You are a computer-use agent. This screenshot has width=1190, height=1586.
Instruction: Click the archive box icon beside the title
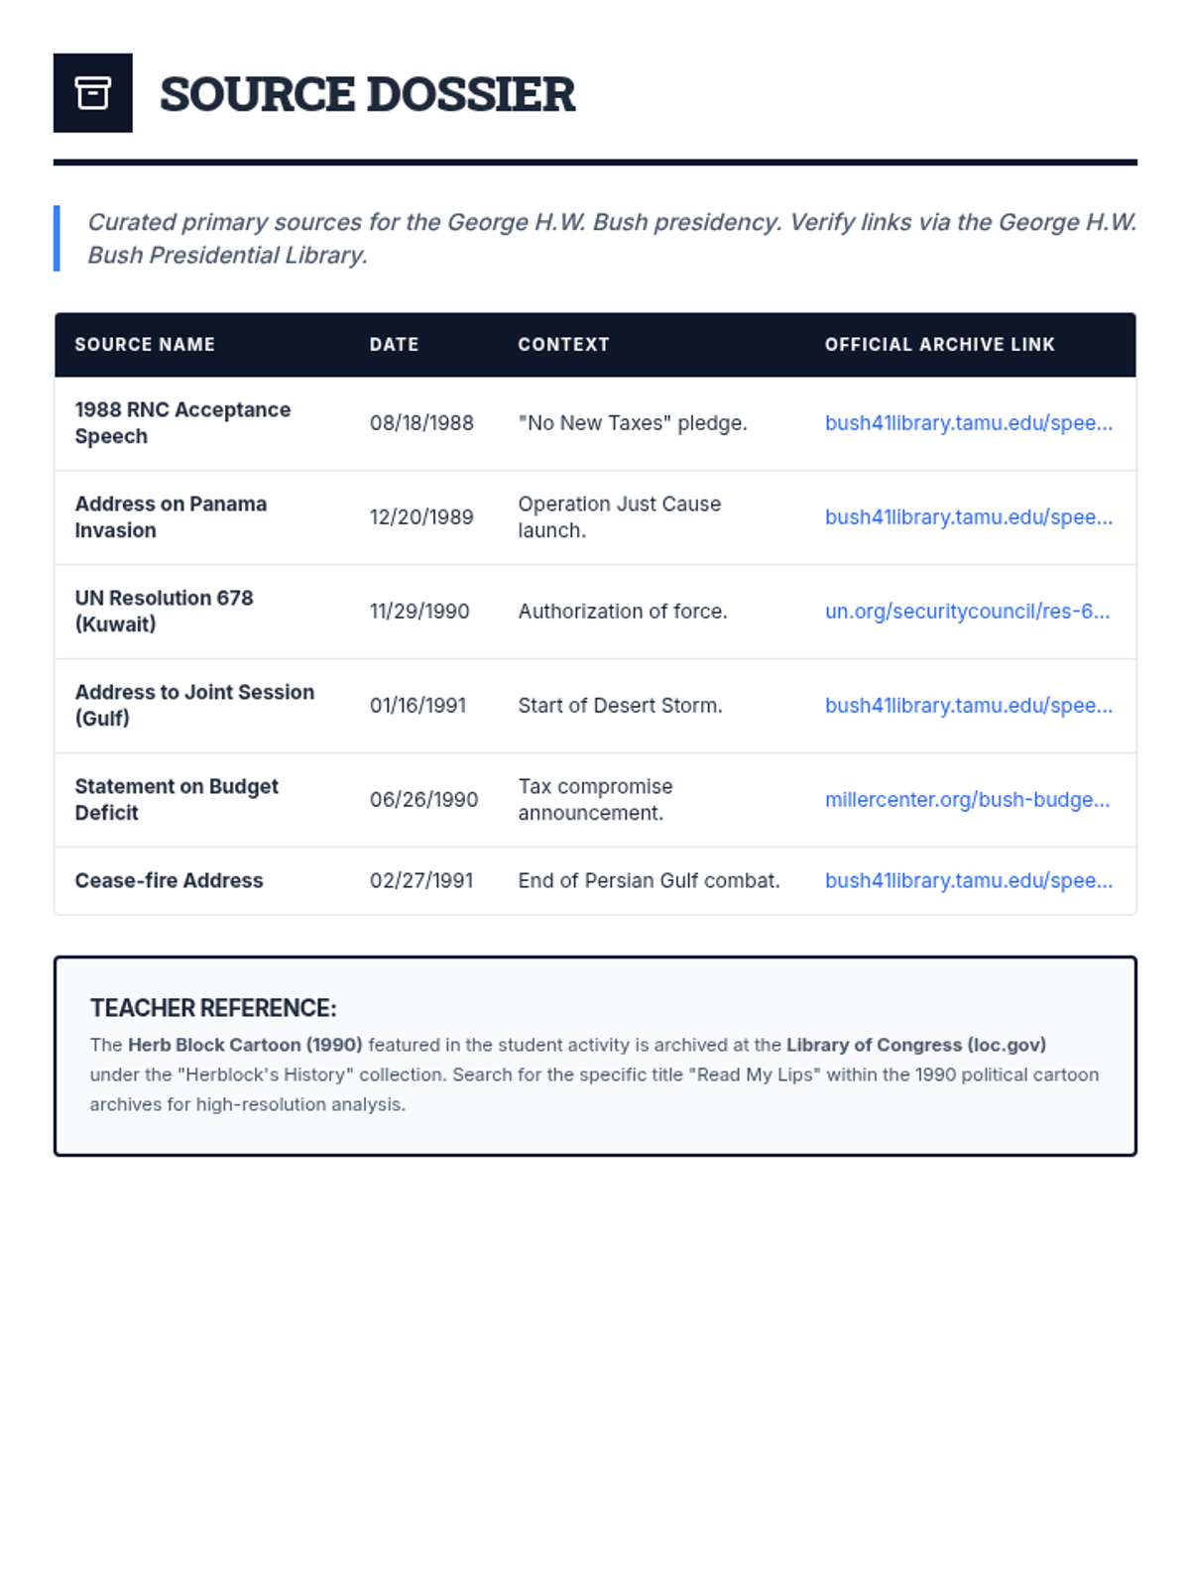(x=92, y=93)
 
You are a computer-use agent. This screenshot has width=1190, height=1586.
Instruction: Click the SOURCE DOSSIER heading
(x=367, y=94)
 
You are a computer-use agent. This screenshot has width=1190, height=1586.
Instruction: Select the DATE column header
(x=394, y=344)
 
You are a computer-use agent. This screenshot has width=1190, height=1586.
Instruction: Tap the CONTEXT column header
(x=563, y=344)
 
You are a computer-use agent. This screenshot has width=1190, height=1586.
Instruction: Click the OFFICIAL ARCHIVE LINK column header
(x=939, y=344)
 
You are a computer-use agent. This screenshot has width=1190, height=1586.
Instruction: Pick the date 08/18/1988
(x=421, y=423)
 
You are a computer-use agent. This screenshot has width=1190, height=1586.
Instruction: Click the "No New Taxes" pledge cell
(x=632, y=423)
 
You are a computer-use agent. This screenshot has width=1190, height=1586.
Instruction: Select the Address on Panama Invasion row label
(x=171, y=516)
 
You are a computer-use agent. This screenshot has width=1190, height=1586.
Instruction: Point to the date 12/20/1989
(x=421, y=517)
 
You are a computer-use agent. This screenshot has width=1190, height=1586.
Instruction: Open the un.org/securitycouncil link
(x=967, y=612)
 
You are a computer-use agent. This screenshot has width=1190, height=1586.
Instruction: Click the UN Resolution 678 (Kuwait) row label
(x=164, y=611)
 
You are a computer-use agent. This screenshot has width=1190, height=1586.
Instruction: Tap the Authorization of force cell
(x=622, y=612)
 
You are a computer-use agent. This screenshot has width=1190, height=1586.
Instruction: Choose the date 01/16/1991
(x=417, y=706)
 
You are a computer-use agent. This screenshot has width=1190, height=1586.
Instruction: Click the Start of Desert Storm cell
(x=620, y=706)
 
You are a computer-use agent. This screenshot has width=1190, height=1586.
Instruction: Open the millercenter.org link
(x=967, y=800)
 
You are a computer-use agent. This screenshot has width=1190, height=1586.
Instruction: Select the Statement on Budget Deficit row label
(x=176, y=799)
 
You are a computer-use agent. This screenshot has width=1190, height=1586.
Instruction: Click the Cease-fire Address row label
(x=169, y=880)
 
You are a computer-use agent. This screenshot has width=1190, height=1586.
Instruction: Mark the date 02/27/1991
(x=421, y=880)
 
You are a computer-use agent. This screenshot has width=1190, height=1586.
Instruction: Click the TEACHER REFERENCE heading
(x=213, y=1008)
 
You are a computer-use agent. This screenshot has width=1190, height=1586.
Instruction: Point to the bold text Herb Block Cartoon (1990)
(x=245, y=1045)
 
